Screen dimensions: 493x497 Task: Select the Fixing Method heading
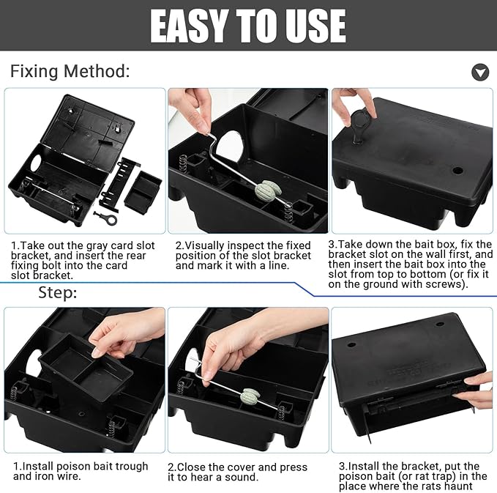click(x=70, y=71)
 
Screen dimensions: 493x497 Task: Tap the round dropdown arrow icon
click(x=480, y=72)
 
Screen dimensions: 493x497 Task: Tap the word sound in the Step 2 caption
click(x=241, y=477)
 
